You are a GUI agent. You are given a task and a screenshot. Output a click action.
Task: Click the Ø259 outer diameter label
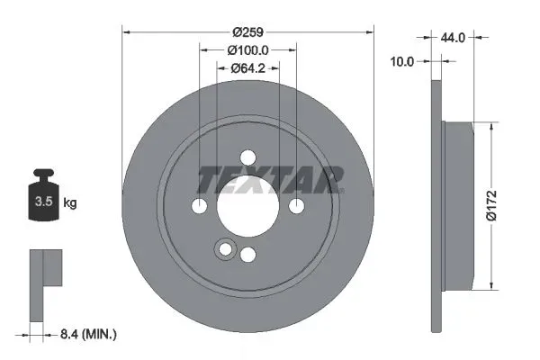tap(247, 31)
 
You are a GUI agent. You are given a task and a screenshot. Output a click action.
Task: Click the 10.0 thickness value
tap(402, 61)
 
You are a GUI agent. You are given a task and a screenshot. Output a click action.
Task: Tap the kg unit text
tap(70, 203)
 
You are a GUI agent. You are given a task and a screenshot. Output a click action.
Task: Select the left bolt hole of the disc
tap(199, 206)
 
